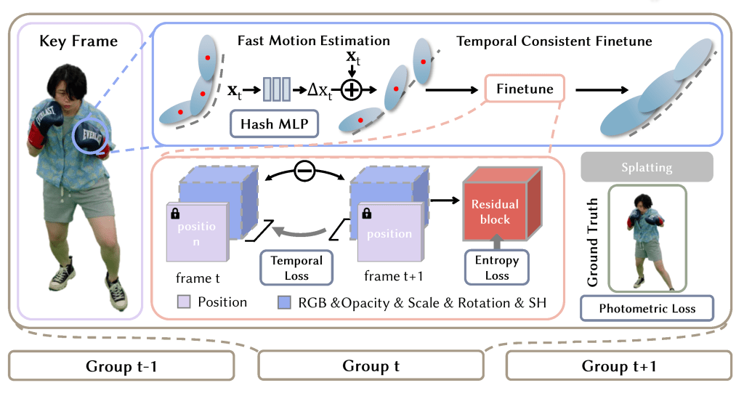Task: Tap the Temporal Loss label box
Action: click(x=296, y=267)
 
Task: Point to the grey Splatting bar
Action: click(x=647, y=167)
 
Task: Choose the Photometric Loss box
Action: click(x=647, y=309)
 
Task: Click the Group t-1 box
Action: click(x=121, y=366)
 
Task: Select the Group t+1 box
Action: click(x=619, y=366)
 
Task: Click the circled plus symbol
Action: click(x=351, y=90)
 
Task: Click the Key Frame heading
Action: click(x=78, y=41)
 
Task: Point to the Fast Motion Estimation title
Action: click(x=314, y=41)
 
